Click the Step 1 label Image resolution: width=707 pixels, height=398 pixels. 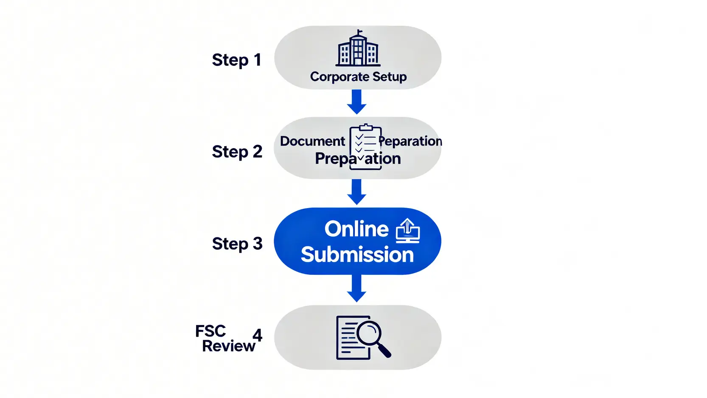click(x=236, y=60)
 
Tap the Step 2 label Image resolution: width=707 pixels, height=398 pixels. click(x=237, y=152)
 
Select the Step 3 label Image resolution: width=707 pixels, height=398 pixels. click(x=237, y=244)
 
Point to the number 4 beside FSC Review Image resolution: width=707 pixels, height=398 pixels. click(x=257, y=335)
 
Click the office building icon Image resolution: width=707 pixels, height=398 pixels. click(x=358, y=50)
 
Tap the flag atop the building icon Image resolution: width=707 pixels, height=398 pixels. click(x=360, y=31)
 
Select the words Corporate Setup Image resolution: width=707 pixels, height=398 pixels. click(x=358, y=77)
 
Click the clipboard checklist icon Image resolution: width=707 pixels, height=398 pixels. click(x=365, y=147)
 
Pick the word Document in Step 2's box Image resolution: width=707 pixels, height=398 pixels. click(x=312, y=141)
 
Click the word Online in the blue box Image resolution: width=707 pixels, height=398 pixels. click(x=356, y=229)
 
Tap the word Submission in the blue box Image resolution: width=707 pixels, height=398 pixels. click(x=357, y=255)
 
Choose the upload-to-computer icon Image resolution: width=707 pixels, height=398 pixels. click(x=407, y=231)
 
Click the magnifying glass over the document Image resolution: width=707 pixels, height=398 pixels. click(x=369, y=333)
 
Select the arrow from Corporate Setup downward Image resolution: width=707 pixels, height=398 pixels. click(x=356, y=102)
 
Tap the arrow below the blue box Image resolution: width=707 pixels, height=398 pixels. click(x=356, y=288)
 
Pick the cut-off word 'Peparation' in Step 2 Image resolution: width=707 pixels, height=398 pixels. click(x=410, y=141)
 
